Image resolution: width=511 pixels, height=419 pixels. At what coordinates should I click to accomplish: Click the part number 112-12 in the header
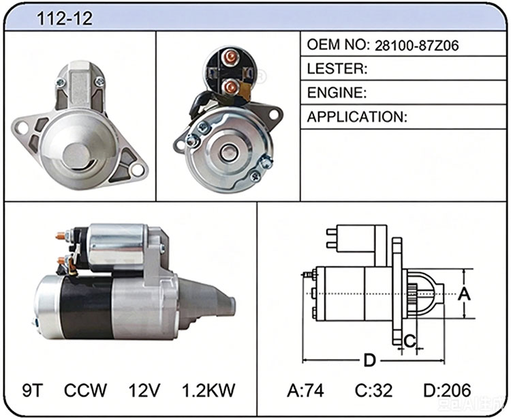[x=65, y=18]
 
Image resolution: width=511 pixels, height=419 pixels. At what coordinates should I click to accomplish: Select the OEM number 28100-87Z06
[x=416, y=45]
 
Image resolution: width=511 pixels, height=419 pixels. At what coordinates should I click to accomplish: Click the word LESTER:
[x=337, y=68]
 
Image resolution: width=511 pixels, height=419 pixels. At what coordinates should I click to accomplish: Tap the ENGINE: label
[x=337, y=93]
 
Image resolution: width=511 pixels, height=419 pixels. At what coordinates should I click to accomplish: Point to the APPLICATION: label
[x=357, y=117]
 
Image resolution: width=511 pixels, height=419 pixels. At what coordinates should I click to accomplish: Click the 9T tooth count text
[x=33, y=390]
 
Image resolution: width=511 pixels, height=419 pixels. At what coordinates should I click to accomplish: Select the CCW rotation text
[x=85, y=390]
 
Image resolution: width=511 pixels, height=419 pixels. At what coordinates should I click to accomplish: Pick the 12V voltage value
[x=144, y=390]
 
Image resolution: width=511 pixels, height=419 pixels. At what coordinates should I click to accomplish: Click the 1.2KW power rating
[x=208, y=390]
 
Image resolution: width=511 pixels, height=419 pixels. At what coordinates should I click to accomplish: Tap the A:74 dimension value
[x=305, y=390]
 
